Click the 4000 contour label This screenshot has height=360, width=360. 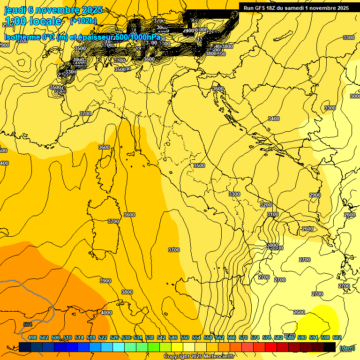click(106, 313)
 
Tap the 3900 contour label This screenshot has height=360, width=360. click(105, 281)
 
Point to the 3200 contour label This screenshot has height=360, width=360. click(266, 205)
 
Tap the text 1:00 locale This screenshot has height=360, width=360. click(33, 21)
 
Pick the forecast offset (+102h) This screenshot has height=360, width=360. click(83, 21)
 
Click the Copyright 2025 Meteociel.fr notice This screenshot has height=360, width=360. click(199, 357)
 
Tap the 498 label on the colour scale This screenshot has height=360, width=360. click(32, 337)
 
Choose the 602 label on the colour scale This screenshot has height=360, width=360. click(337, 337)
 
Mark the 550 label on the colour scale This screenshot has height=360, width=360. click(185, 337)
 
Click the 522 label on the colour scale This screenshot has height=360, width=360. click(103, 337)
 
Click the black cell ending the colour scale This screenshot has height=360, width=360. click(330, 347)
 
